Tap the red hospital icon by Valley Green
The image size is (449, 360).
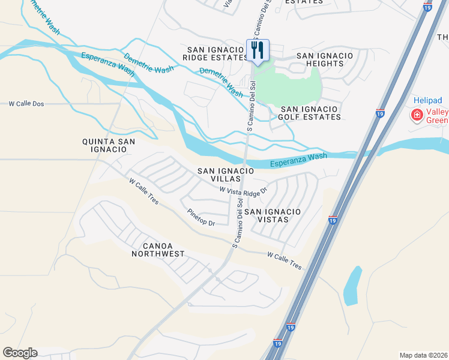[415, 114]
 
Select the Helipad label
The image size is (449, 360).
[428, 100]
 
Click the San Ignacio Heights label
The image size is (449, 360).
[325, 59]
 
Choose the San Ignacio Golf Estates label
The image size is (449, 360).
[310, 113]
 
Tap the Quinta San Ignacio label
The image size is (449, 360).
[109, 146]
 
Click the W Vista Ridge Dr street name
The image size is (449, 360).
[243, 189]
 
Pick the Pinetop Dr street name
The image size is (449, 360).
[200, 218]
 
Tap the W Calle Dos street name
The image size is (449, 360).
[26, 104]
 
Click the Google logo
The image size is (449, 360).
[20, 353]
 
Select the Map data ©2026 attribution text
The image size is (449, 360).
[423, 355]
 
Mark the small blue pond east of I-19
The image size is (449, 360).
[352, 285]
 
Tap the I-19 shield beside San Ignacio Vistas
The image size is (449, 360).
[333, 221]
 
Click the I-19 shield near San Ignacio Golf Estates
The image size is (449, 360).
[380, 113]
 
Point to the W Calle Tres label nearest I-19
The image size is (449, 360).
[285, 260]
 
